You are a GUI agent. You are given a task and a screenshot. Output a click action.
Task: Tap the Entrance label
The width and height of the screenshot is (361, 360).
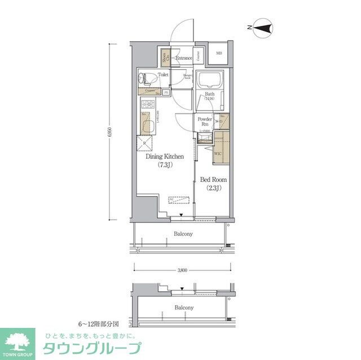tap(183, 58)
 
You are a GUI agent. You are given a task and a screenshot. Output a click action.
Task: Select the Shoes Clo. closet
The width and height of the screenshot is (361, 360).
tap(165, 56)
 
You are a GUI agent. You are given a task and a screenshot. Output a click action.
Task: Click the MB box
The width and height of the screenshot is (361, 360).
tap(219, 54)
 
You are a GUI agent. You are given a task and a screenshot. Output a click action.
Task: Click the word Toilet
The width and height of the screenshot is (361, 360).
tap(164, 74)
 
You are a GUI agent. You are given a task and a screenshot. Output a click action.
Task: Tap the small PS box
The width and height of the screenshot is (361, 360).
tap(166, 92)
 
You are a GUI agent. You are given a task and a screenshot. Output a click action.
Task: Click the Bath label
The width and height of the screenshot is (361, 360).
tap(209, 96)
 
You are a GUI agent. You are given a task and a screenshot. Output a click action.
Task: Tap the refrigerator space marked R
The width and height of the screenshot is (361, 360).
tap(145, 143)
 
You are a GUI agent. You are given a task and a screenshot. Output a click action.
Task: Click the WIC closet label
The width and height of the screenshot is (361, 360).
tap(218, 152)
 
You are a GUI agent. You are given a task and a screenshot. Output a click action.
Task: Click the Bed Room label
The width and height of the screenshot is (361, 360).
tap(213, 184)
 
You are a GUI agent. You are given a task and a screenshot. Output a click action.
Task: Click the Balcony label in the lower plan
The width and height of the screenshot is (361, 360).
tap(183, 308)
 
